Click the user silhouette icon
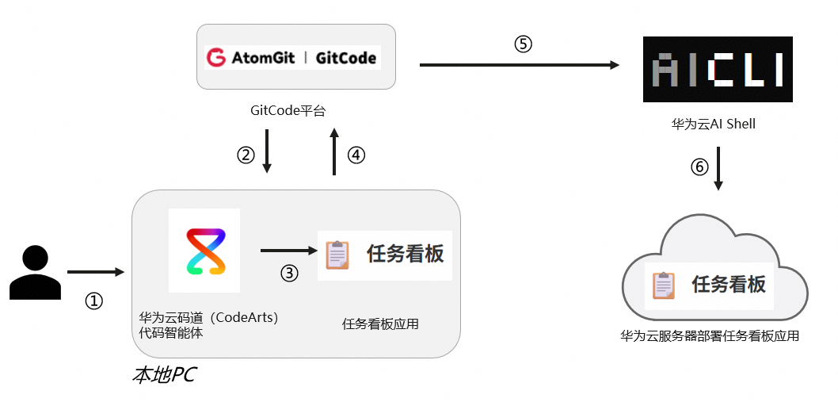click(x=36, y=272)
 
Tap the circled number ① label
click(x=93, y=301)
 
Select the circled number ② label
click(x=246, y=155)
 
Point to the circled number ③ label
click(x=289, y=274)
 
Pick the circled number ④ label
click(x=356, y=155)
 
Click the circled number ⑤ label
click(x=524, y=44)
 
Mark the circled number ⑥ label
click(x=699, y=167)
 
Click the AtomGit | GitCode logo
click(x=293, y=57)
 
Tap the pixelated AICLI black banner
click(x=718, y=69)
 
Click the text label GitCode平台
click(x=288, y=111)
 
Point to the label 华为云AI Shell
click(x=714, y=124)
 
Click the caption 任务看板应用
click(x=380, y=324)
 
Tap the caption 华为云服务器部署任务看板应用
click(x=709, y=336)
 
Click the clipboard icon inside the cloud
click(x=664, y=285)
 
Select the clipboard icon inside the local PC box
click(x=337, y=255)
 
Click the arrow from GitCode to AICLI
click(x=520, y=65)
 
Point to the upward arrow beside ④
click(x=334, y=151)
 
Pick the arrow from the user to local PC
click(x=96, y=272)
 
